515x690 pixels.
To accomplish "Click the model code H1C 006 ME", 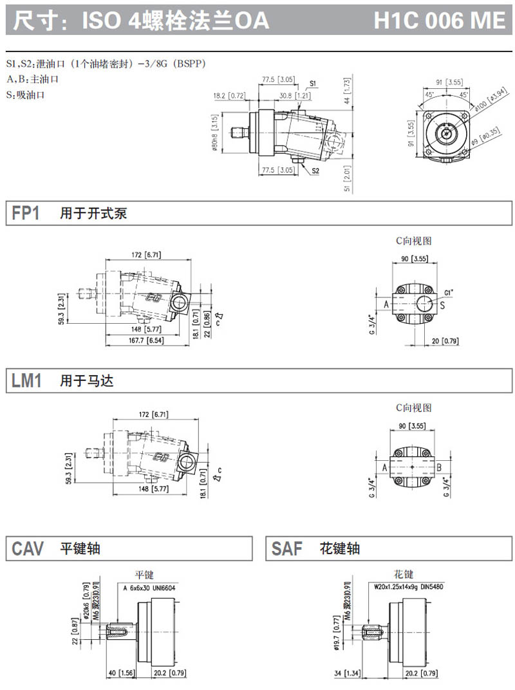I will point(440,21).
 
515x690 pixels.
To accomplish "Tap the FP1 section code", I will point(26,214).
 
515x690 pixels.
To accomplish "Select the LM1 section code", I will point(26,381).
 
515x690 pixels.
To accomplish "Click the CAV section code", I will point(28,548).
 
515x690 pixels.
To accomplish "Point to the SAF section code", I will point(286,548).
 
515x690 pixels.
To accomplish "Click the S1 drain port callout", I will point(313,84).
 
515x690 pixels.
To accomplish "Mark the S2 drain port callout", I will point(315,171).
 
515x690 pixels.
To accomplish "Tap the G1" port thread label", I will point(448,292).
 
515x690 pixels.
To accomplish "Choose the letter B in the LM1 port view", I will point(438,468).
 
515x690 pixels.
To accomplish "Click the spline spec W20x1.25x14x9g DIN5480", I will point(409,588).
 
